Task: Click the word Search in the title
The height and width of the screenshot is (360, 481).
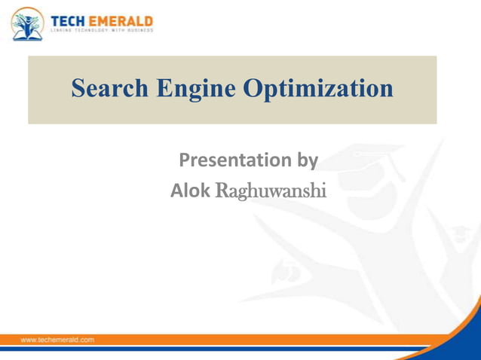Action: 110,89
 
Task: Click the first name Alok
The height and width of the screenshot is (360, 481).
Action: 190,191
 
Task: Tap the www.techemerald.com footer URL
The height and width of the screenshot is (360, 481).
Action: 57,340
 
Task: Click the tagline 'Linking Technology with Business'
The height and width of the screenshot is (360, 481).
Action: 102,31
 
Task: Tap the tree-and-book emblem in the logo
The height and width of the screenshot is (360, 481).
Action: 27,23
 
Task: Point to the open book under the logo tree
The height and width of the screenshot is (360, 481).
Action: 27,33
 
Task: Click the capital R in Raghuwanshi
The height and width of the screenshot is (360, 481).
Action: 222,191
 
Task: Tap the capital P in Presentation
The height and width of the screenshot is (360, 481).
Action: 185,160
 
